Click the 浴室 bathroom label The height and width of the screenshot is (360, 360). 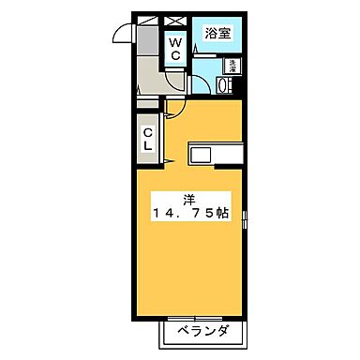(x=220, y=33)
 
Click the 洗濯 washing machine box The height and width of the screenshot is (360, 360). (x=232, y=66)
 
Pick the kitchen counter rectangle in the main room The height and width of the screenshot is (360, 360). (x=216, y=154)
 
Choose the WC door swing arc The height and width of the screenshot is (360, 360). (x=172, y=81)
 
